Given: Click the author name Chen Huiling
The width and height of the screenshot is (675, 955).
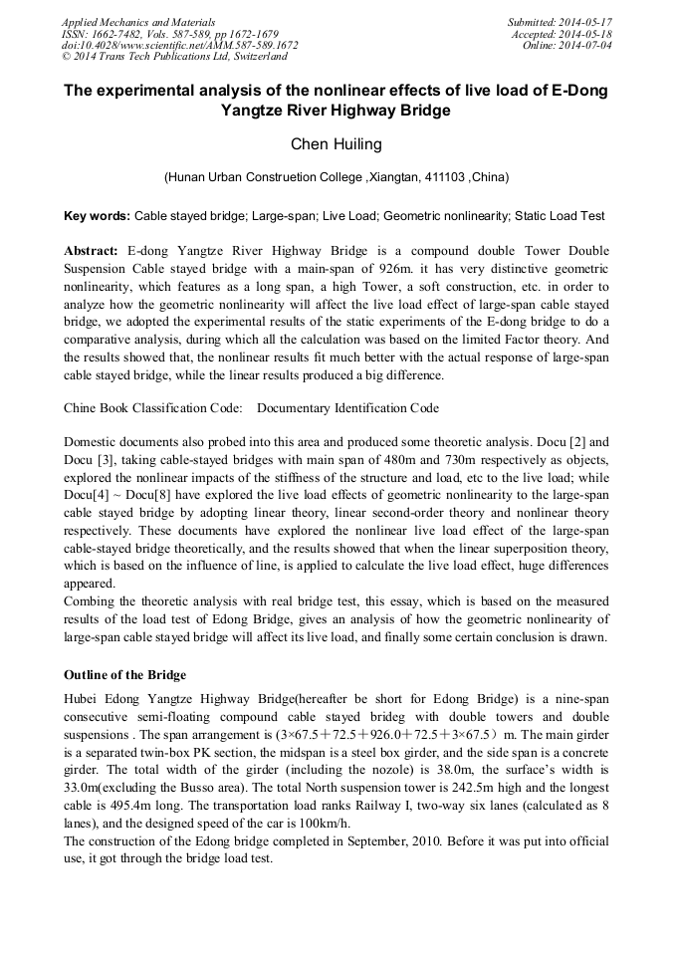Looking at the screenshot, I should (337, 144).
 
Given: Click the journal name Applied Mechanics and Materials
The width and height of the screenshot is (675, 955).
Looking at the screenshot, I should (138, 21).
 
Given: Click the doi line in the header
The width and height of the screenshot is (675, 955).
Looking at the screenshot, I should (179, 45).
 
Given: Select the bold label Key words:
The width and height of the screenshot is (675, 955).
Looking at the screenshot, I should (97, 215).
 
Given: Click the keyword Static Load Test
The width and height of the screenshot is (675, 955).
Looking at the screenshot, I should (562, 215).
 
